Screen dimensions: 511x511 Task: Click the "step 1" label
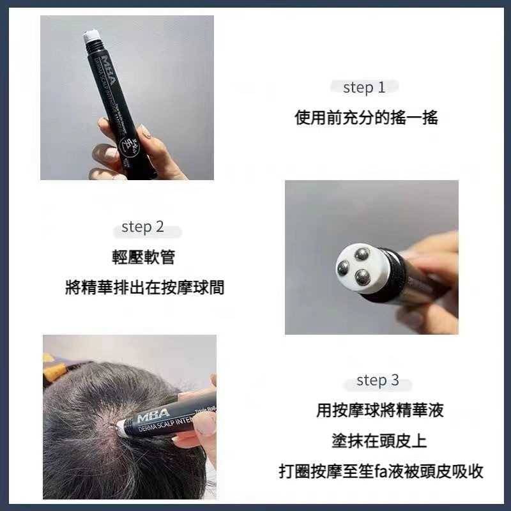click(x=364, y=88)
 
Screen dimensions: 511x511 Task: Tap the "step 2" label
click(x=142, y=227)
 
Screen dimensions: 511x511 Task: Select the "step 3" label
click(x=377, y=381)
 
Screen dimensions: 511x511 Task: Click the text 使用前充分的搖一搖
click(x=366, y=118)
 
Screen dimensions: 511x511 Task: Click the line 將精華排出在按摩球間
click(x=144, y=287)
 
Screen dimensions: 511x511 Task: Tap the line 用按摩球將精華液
click(x=379, y=411)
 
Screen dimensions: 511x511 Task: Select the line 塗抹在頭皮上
click(x=379, y=441)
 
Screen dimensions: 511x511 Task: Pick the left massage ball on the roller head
click(x=343, y=269)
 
